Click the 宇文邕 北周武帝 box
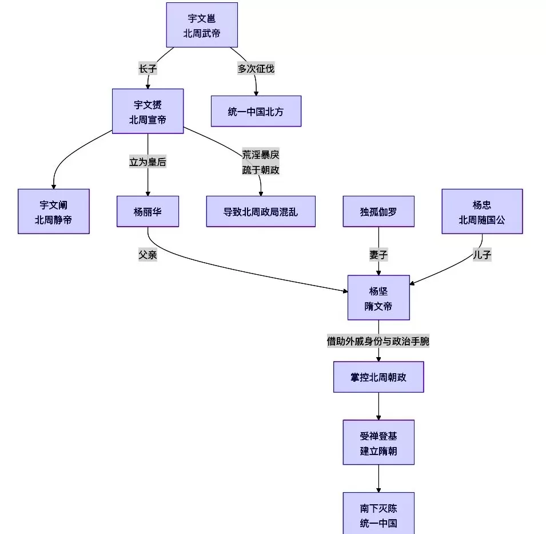pos(202,25)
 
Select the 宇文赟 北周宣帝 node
pos(148,111)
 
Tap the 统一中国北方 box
pos(256,111)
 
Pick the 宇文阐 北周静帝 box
pos(54,211)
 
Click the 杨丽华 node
pos(148,211)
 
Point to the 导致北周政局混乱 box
pos(260,211)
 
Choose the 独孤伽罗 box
pos(378,211)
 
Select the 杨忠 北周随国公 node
pos(482,211)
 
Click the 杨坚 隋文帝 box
pos(378,297)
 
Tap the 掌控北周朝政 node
pos(378,377)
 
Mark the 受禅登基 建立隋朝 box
pos(378,442)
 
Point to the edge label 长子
pos(148,69)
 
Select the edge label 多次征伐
pos(256,69)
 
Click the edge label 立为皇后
pos(148,162)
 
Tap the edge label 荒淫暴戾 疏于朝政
pos(261,162)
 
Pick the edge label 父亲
pos(148,255)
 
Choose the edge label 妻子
pos(378,255)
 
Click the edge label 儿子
pos(482,255)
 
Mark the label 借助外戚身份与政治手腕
pos(378,341)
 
